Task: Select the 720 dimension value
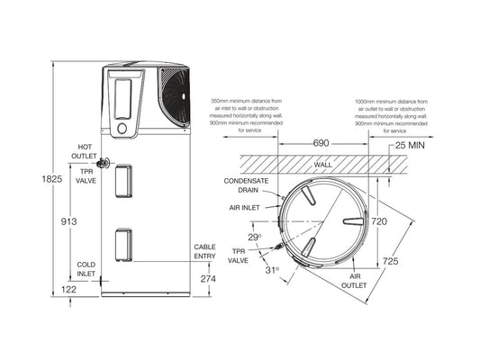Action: click(379, 220)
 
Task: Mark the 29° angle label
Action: click(255, 238)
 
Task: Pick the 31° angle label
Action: click(272, 269)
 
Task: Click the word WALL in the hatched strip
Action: click(323, 166)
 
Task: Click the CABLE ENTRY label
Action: click(205, 252)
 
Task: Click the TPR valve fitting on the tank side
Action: click(104, 164)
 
